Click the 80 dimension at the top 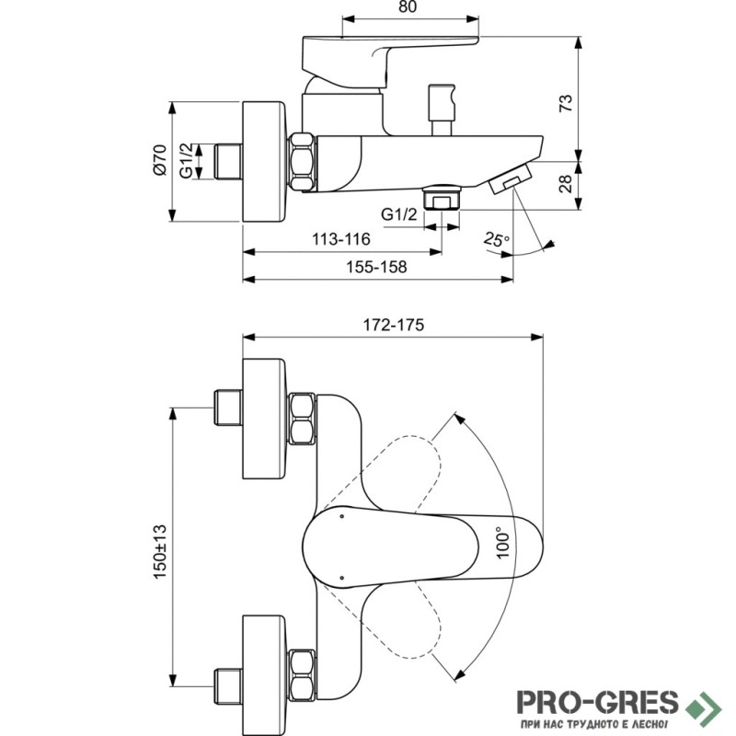(408, 7)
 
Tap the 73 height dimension (566, 103)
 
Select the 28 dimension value (566, 183)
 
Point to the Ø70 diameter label (160, 160)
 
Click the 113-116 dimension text (341, 239)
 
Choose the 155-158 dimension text (376, 267)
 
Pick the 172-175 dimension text (394, 325)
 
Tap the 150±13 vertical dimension (160, 551)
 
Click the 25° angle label (496, 239)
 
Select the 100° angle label (502, 543)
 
